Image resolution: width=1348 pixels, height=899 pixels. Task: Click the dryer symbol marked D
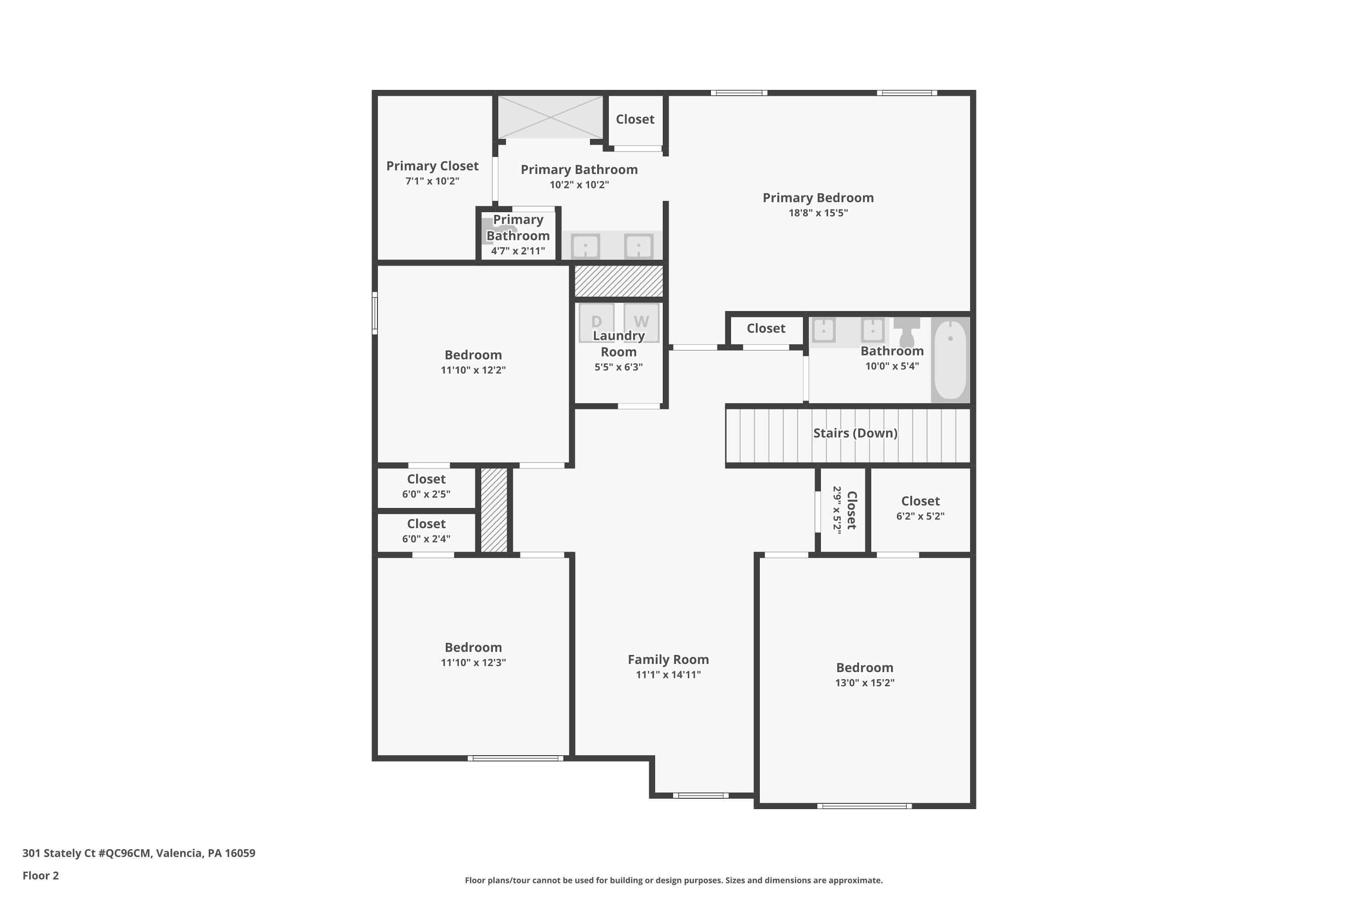pyautogui.click(x=596, y=320)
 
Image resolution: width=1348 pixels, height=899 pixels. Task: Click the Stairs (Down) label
pyautogui.click(x=855, y=433)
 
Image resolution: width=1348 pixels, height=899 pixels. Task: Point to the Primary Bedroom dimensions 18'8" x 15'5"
pyautogui.click(x=818, y=213)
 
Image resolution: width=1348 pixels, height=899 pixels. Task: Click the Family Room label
pyautogui.click(x=668, y=659)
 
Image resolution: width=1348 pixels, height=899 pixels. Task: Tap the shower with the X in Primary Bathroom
pyautogui.click(x=550, y=117)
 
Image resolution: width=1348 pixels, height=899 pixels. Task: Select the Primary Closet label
pyautogui.click(x=432, y=166)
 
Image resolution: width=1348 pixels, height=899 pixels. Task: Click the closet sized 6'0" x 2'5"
pyautogui.click(x=426, y=487)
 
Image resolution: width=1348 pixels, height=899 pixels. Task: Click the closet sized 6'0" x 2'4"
pyautogui.click(x=426, y=531)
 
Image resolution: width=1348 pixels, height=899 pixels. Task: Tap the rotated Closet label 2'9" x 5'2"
pyautogui.click(x=845, y=510)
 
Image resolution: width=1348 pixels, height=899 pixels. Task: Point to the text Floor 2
pyautogui.click(x=41, y=876)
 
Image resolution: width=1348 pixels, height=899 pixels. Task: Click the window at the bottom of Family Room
pyautogui.click(x=701, y=795)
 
